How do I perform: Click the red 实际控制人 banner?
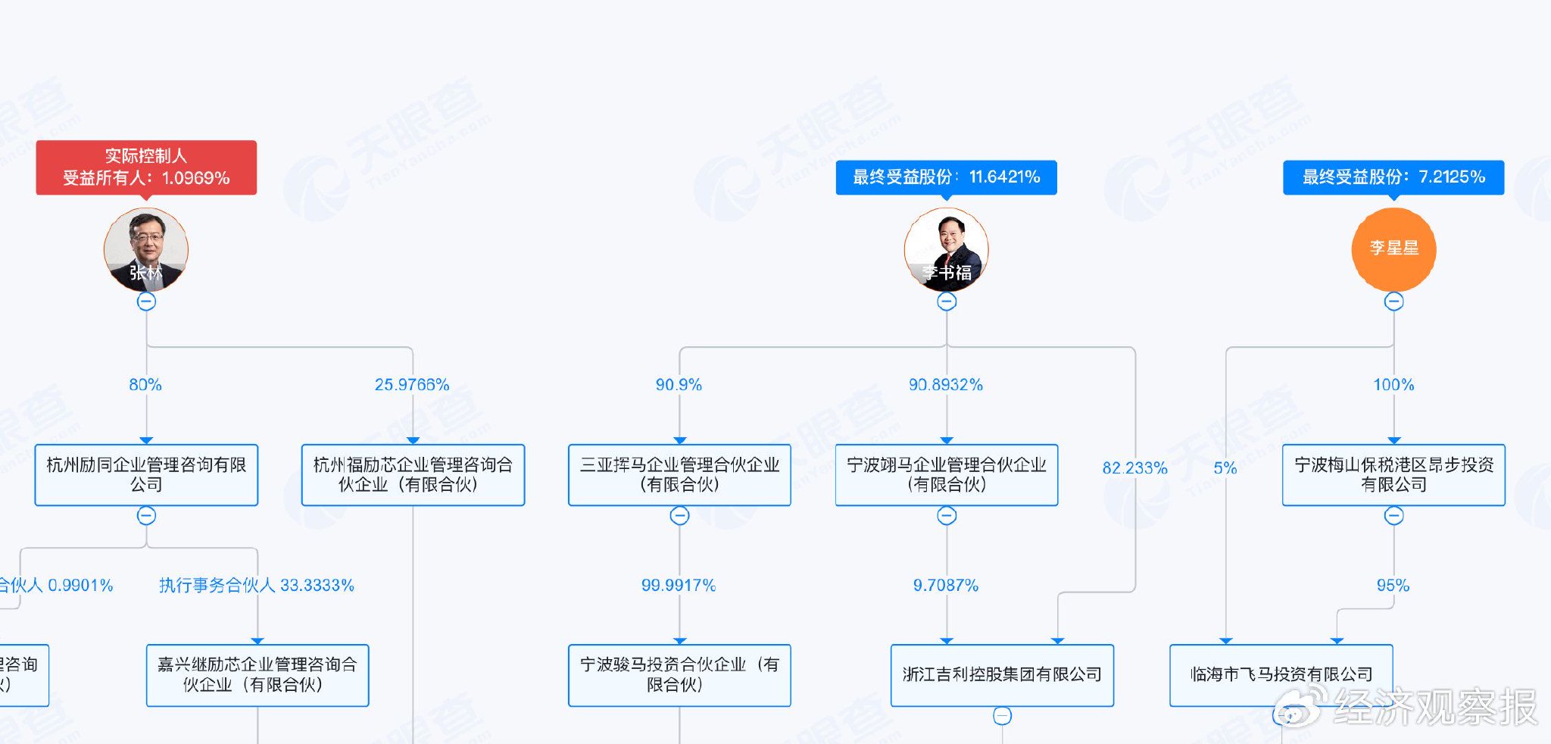146,167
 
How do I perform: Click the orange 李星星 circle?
1393,249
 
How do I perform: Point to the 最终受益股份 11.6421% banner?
946,177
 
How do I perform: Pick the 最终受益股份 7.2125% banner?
1393,177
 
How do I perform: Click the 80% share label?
145,385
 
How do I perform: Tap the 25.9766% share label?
412,385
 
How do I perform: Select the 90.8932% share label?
946,385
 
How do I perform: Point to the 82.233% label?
1134,468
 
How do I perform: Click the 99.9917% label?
679,586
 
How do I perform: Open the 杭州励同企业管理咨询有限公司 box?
146,475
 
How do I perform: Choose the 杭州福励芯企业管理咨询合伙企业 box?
413,475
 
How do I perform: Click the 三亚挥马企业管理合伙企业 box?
679,475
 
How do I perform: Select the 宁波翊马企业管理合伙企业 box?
947,475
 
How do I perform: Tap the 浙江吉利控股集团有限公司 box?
1002,675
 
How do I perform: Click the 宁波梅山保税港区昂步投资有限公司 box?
1393,475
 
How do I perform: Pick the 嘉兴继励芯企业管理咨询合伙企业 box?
257,675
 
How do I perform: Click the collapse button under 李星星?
1393,302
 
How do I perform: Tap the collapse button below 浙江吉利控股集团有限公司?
1002,716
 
